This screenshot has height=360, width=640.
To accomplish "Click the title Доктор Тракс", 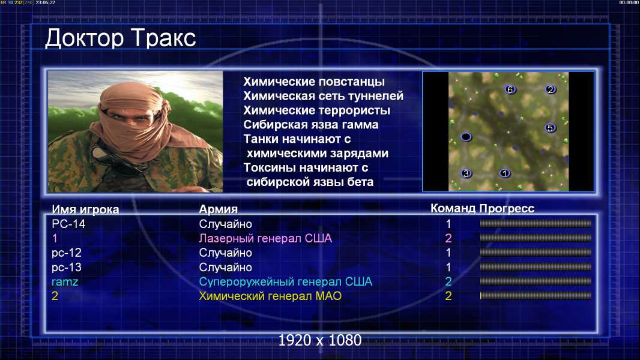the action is [121, 38].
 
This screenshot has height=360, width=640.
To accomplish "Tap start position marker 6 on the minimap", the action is [510, 89].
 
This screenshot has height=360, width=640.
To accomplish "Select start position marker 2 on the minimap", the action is [550, 89].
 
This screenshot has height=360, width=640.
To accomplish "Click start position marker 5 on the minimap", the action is [550, 128].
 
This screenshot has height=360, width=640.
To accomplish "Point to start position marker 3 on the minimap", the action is [466, 173].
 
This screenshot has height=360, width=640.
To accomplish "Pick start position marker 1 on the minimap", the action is [505, 173].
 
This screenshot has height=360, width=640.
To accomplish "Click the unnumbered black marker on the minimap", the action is [466, 137].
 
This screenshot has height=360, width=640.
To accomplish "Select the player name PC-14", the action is [68, 224].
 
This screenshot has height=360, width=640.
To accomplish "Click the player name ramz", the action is [65, 282].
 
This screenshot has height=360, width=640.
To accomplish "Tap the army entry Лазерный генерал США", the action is [265, 239].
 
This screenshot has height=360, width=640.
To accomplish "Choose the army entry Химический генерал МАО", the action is [270, 296].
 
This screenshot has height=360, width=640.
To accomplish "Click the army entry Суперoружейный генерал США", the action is [286, 282].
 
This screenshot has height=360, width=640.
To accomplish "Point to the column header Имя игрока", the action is [85, 209].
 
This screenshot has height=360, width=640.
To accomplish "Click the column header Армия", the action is [219, 209].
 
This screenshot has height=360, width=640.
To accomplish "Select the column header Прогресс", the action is [507, 209].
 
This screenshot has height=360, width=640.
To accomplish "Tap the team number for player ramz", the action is [448, 282].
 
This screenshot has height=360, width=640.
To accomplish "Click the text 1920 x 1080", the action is [320, 340].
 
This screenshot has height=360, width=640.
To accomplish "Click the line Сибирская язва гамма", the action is [311, 125].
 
